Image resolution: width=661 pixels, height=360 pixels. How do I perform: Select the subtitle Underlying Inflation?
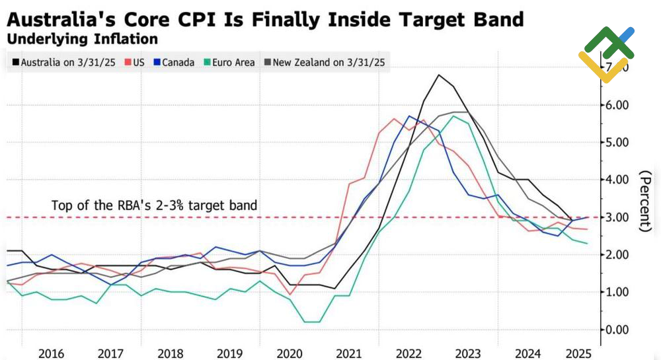(82, 39)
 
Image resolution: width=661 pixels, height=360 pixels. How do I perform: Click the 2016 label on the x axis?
(51, 353)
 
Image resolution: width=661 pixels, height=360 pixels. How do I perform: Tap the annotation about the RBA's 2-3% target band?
(154, 205)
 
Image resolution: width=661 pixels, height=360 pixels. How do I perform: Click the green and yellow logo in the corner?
(605, 53)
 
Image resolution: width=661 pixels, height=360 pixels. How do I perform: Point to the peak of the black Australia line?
(438, 75)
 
